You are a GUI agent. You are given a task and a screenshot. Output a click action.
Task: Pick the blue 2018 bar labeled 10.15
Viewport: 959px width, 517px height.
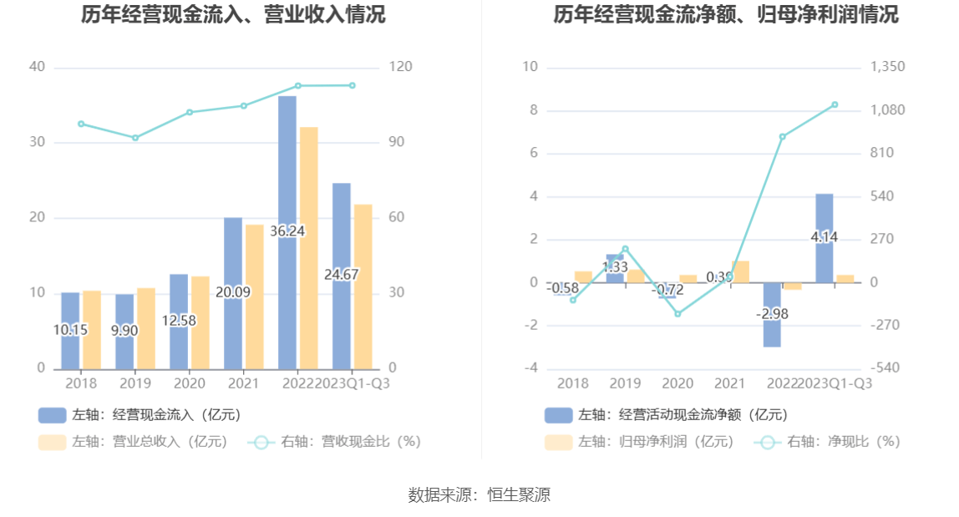[x=70, y=351]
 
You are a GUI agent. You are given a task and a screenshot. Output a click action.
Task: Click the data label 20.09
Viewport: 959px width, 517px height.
[x=233, y=292]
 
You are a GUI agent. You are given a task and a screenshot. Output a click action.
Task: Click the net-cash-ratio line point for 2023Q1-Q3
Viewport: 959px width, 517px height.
[x=835, y=104]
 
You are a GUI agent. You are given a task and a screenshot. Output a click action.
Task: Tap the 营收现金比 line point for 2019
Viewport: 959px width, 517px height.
[x=135, y=138]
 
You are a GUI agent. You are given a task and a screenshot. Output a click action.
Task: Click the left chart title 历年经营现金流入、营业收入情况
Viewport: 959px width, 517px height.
[x=234, y=14]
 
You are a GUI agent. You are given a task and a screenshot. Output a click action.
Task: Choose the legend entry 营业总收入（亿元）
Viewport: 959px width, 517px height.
[x=134, y=442]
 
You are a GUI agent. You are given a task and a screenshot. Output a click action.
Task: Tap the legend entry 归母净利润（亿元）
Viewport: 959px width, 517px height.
[x=639, y=442]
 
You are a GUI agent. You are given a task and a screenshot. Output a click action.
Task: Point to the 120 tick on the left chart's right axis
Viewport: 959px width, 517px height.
[x=401, y=67]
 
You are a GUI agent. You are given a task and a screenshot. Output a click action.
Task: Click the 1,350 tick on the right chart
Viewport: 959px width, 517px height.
[x=887, y=67]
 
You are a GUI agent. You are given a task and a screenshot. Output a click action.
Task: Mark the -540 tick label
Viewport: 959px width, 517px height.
[x=885, y=368]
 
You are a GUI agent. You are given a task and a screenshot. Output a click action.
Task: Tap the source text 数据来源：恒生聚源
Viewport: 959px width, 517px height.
[x=479, y=494]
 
